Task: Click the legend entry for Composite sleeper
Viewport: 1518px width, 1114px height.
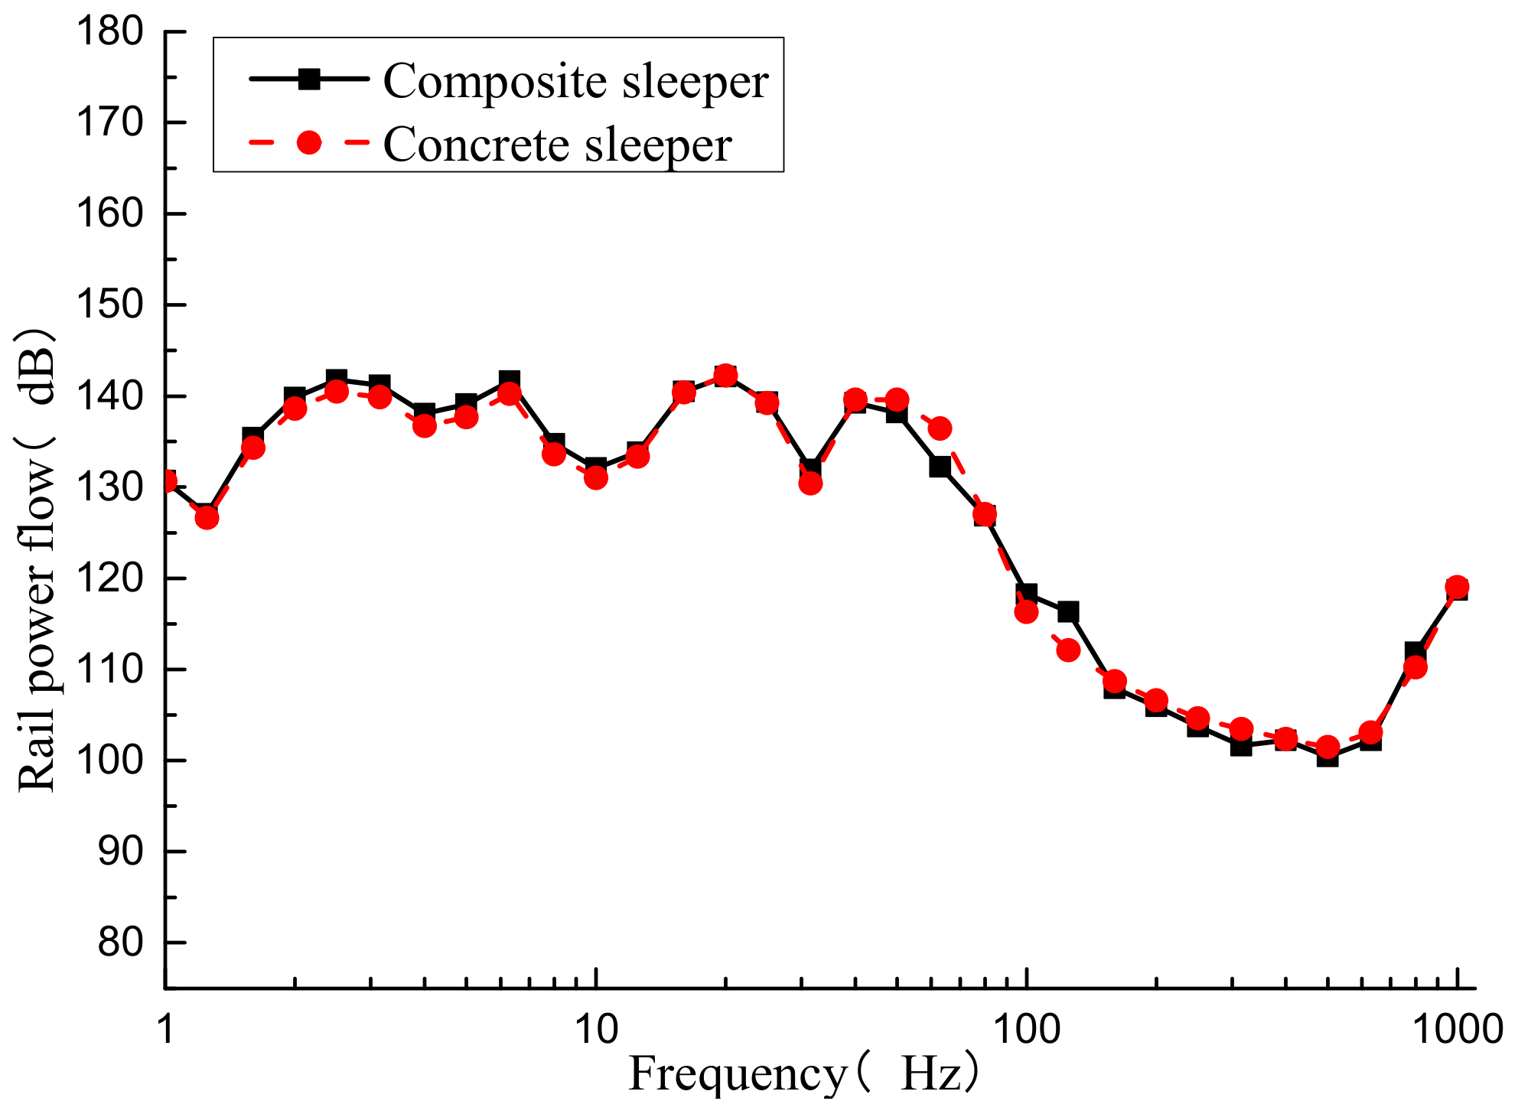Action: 575,80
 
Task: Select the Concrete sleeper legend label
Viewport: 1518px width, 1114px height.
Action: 557,144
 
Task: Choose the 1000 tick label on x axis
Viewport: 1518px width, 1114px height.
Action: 1457,1030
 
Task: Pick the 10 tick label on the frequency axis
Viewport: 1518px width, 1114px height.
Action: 596,1030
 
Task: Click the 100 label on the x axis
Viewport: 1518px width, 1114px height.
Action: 1026,1030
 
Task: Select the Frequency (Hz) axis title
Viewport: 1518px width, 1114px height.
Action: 803,1074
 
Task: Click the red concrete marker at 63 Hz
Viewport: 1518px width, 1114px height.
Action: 940,428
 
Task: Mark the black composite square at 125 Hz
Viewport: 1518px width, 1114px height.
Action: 1068,612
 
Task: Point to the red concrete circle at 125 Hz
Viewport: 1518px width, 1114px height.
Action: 1068,650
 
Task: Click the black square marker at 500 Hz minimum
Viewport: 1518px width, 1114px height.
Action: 1328,757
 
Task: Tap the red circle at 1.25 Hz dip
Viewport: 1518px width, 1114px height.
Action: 207,518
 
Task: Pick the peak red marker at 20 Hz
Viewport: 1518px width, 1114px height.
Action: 725,375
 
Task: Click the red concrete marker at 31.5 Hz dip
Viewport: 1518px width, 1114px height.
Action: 811,483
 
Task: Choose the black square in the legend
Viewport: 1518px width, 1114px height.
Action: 308,79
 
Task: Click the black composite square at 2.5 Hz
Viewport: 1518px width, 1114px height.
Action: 337,379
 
